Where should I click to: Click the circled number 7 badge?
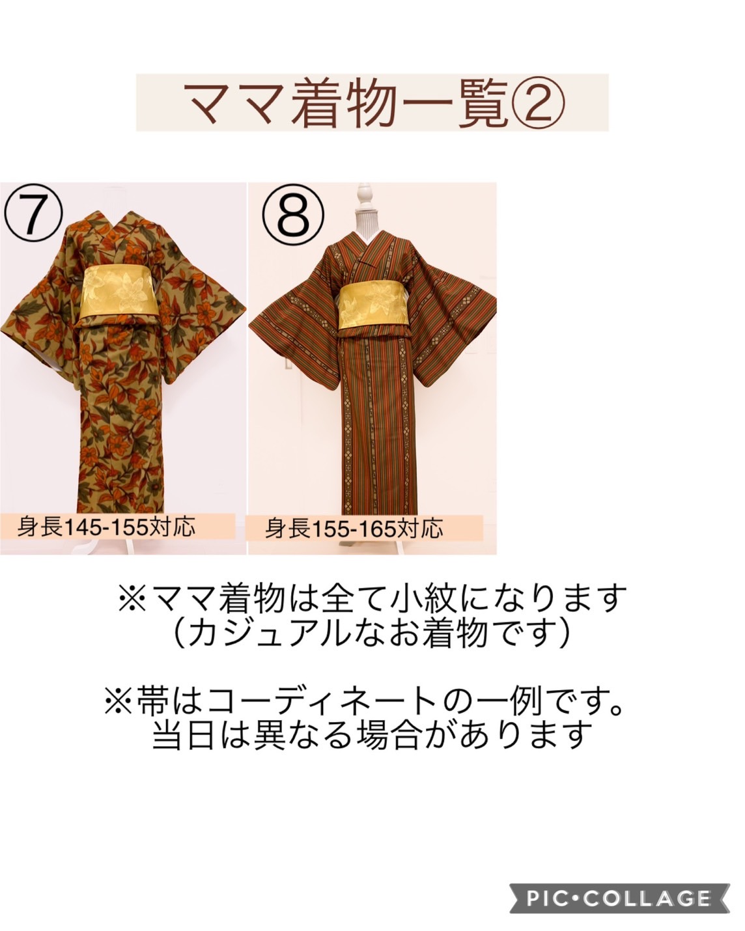pyautogui.click(x=33, y=213)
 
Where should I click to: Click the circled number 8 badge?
pyautogui.click(x=292, y=215)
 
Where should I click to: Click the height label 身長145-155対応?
pyautogui.click(x=106, y=527)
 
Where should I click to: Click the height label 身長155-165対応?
pyautogui.click(x=354, y=528)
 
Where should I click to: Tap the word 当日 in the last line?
pyautogui.click(x=184, y=736)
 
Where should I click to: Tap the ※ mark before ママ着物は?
pyautogui.click(x=132, y=600)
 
